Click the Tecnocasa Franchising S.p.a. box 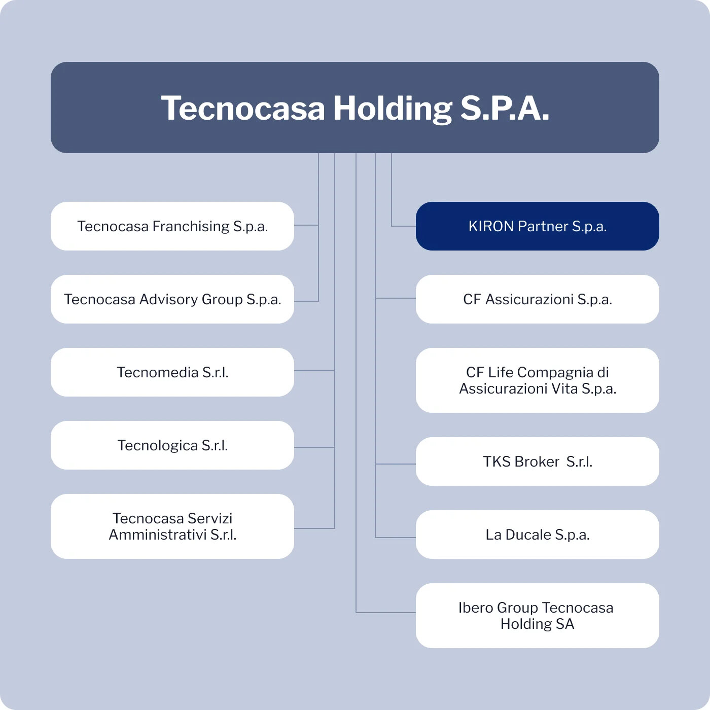click(x=172, y=226)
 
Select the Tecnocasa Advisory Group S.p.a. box click(x=172, y=299)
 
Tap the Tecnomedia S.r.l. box click(x=172, y=372)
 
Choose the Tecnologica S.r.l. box click(x=172, y=445)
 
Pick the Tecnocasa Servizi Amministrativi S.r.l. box click(x=172, y=526)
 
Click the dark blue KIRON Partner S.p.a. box click(x=537, y=226)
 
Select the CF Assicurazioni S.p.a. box click(x=537, y=299)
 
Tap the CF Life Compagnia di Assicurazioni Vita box click(x=537, y=380)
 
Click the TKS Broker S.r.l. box click(x=537, y=461)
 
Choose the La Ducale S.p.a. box click(x=537, y=534)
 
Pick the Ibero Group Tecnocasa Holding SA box click(x=537, y=615)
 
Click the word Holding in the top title click(x=393, y=109)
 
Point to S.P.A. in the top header click(x=505, y=108)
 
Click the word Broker click(x=537, y=461)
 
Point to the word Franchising click(x=191, y=227)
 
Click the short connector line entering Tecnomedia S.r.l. click(x=314, y=370)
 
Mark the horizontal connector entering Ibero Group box click(x=386, y=612)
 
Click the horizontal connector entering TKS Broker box click(x=396, y=464)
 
